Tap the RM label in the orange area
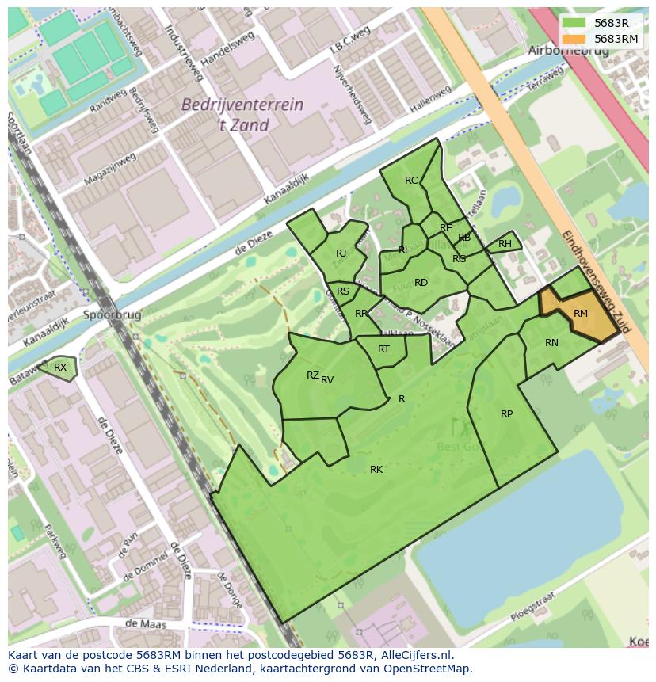point(581,314)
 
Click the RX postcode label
point(60,367)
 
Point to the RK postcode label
point(376,470)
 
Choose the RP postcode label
point(506,413)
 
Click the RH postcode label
point(505,244)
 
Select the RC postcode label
point(411,181)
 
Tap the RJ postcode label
point(341,253)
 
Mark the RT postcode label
point(383,349)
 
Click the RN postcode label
point(551,343)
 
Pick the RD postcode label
point(421,283)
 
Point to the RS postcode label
point(343,291)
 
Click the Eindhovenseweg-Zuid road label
point(595,281)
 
